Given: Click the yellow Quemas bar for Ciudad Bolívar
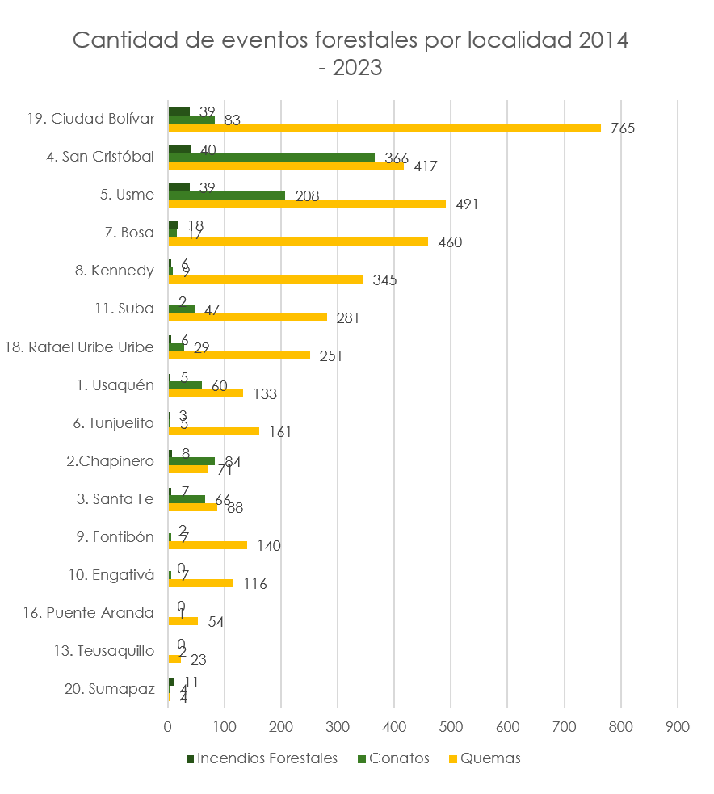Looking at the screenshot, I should point(384,128).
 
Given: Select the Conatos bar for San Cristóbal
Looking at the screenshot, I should point(271,158).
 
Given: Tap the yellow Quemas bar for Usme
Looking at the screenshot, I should point(307,204).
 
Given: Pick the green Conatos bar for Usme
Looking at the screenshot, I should point(227,195).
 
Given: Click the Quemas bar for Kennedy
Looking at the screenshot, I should point(266,279).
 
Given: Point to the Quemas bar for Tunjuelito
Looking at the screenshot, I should point(214,431).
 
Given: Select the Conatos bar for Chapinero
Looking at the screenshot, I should point(191,461).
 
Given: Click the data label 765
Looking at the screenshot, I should point(623,128).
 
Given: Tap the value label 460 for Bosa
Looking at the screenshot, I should point(449,242).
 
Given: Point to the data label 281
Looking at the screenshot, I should point(346,318).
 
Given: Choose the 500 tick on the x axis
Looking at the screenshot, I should point(451,726).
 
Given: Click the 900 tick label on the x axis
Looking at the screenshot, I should point(677,726).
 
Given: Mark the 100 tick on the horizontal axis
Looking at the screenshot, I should point(225,726).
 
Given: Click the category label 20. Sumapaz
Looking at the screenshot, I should point(109,689).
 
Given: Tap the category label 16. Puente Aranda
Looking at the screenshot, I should point(89,613).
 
